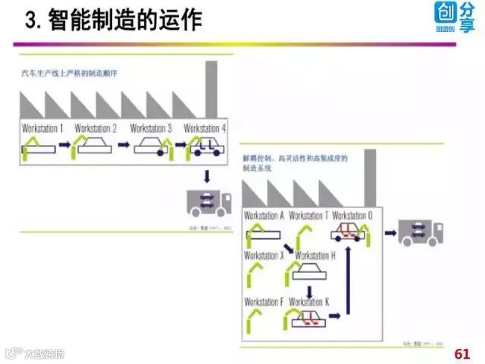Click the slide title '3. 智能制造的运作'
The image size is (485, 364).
(114, 20)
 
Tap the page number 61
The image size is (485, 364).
(462, 353)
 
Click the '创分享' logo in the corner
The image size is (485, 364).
(455, 17)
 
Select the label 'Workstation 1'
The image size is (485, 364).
(42, 128)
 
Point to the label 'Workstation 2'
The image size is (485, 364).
(96, 128)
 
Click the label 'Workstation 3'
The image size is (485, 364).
(151, 128)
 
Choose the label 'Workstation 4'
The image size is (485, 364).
(205, 128)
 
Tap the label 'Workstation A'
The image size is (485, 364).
(264, 215)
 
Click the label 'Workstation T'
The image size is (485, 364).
(308, 215)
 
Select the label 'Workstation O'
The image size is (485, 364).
(352, 215)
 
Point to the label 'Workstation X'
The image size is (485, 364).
(264, 256)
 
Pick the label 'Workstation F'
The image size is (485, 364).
(264, 302)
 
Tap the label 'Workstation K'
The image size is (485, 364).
(309, 302)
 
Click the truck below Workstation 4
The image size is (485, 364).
(209, 204)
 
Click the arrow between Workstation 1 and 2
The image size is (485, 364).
(64, 143)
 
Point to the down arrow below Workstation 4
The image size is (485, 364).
(207, 176)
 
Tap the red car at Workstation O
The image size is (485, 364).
(347, 231)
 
